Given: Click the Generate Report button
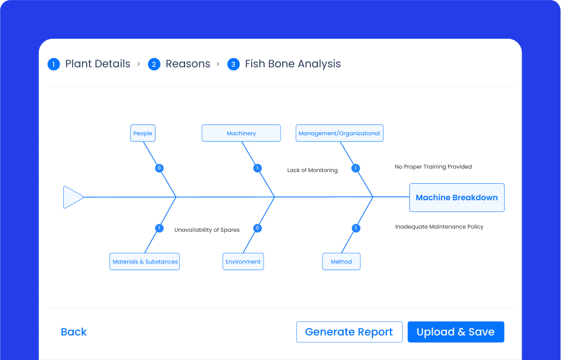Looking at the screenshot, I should [349, 332].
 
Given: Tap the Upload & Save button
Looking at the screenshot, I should [456, 332].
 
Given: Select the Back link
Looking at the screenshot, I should [74, 332].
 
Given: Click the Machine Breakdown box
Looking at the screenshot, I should [457, 197].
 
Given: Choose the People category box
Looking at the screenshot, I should [143, 133].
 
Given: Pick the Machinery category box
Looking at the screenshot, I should [241, 133].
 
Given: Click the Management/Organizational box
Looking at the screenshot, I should [339, 133].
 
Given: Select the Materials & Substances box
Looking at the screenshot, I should [145, 261].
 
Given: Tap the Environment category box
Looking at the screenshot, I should [243, 261].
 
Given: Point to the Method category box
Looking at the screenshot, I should [341, 261].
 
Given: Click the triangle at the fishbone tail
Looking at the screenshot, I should [72, 197].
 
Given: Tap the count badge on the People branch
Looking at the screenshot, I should [159, 168].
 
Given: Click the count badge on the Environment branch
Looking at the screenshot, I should [257, 228].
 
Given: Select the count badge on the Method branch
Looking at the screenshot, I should [355, 228].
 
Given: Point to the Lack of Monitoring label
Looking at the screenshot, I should [312, 170].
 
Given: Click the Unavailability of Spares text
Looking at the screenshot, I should [207, 230].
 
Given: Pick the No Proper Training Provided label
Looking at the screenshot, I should [433, 167].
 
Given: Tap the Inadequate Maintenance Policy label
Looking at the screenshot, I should [439, 227].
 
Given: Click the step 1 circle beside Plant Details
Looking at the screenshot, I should [54, 64].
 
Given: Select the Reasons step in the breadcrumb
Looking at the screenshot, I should [187, 64].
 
